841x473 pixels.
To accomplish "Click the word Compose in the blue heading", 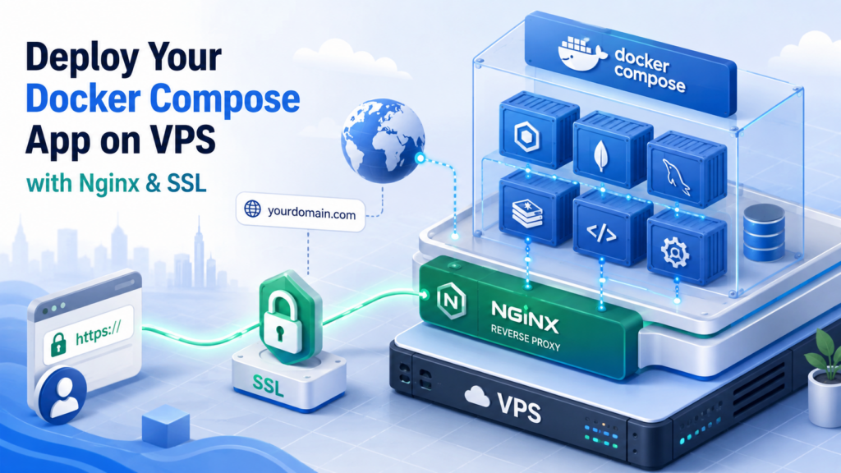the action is coord(224,99).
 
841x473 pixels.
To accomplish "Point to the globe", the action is coord(383,141).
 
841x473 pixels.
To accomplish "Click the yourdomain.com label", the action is coord(301,213).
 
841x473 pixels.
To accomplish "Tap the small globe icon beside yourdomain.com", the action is coord(253,209).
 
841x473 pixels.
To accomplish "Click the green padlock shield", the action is coord(291,316).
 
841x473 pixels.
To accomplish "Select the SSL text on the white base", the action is coord(268,385).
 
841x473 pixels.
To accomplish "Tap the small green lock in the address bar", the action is coord(58,345).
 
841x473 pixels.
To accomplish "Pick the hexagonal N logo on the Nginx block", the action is coord(451,301).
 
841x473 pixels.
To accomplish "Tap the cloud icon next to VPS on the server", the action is coord(477,397).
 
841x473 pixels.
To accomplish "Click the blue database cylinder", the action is coord(764,232).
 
